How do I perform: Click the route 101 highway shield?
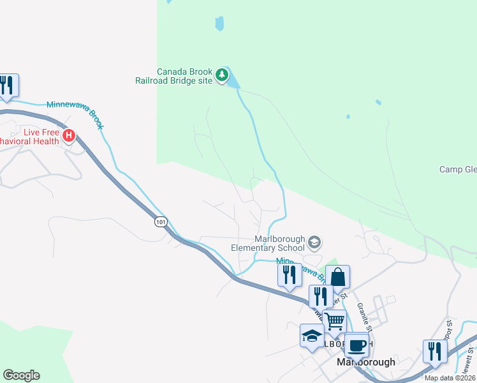pyautogui.click(x=160, y=222)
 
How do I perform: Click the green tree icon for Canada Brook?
pyautogui.click(x=221, y=75)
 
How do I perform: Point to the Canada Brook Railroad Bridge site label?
pyautogui.click(x=173, y=76)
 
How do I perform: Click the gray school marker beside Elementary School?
pyautogui.click(x=314, y=243)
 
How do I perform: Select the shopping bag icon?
pyautogui.click(x=337, y=278)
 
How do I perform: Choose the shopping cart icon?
pyautogui.click(x=334, y=321)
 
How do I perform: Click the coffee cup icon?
pyautogui.click(x=357, y=345)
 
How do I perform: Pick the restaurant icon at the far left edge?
pyautogui.click(x=7, y=85)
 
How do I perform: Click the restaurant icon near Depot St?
pyautogui.click(x=435, y=351)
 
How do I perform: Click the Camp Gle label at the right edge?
pyautogui.click(x=458, y=169)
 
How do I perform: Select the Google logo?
pyautogui.click(x=21, y=375)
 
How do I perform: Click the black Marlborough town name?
pyautogui.click(x=365, y=362)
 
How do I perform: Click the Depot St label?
pyautogui.click(x=450, y=332)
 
